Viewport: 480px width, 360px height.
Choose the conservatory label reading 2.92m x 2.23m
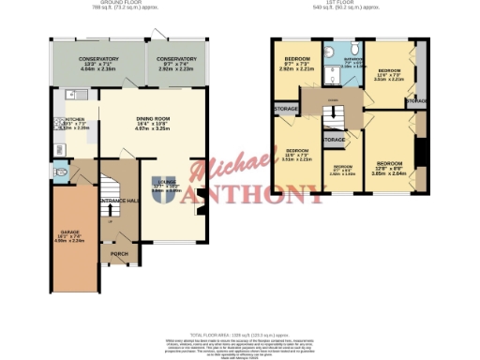176,65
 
